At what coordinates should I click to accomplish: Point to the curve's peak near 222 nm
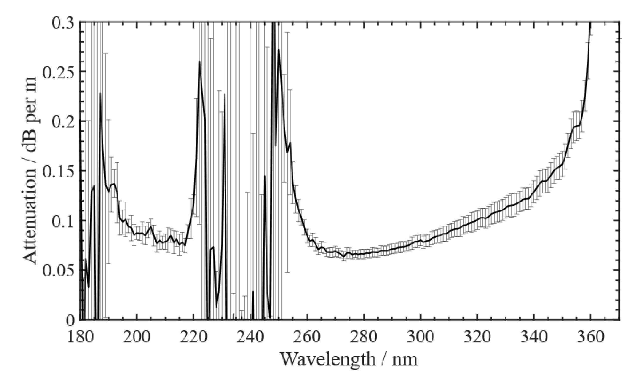199,61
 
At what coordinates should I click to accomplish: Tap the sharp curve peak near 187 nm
100,93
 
